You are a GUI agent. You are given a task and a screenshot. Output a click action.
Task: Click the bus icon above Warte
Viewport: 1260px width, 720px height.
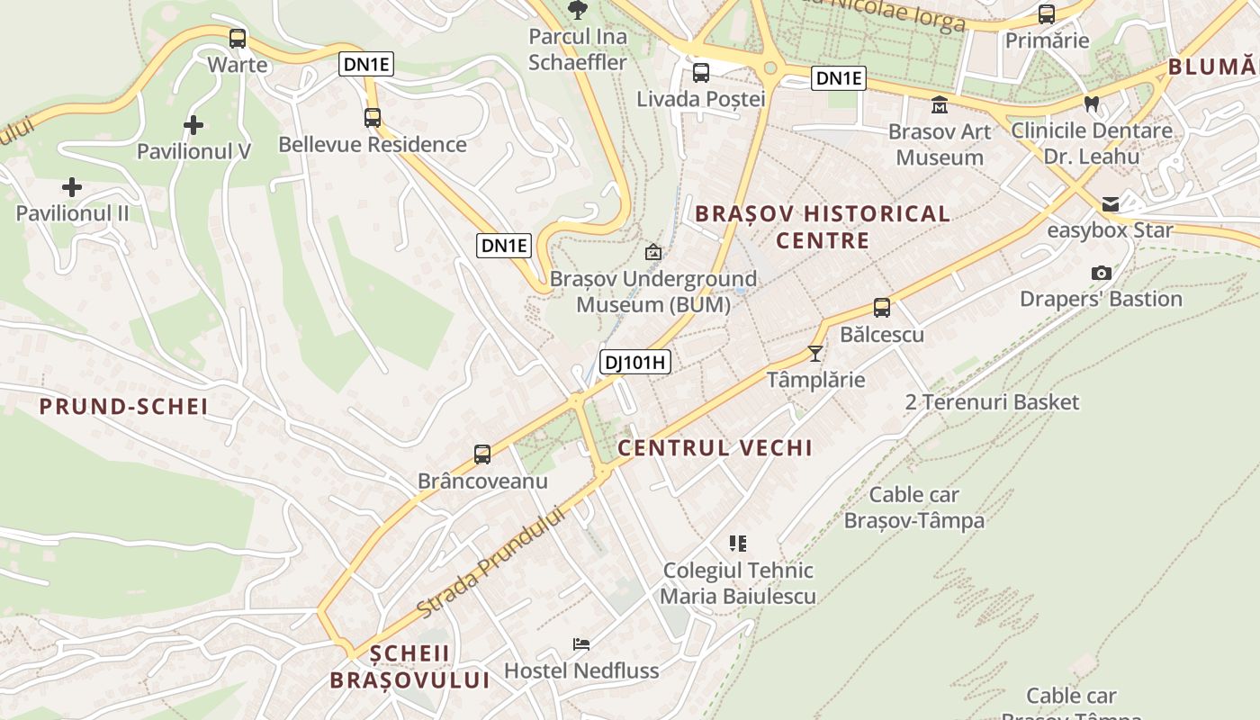click(x=238, y=39)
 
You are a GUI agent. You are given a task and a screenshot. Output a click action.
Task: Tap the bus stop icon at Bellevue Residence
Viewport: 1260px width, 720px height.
click(x=372, y=117)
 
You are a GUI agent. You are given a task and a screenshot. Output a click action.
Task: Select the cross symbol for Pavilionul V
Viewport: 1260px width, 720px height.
click(x=193, y=125)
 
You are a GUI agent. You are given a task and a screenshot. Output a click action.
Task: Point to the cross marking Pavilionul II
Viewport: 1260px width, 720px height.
click(x=72, y=187)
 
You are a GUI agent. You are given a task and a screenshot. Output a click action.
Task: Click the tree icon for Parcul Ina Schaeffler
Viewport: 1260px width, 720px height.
click(x=577, y=10)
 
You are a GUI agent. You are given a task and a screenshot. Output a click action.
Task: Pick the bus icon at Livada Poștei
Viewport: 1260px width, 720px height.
click(x=700, y=73)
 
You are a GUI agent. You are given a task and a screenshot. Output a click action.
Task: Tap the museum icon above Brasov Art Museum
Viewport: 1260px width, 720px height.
click(x=940, y=105)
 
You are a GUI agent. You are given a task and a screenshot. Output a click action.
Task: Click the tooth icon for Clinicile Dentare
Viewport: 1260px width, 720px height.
click(x=1092, y=103)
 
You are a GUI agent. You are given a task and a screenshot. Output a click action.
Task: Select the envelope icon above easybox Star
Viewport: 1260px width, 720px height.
click(x=1110, y=203)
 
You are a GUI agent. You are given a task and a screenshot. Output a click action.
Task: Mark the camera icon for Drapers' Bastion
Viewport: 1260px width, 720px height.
click(x=1101, y=273)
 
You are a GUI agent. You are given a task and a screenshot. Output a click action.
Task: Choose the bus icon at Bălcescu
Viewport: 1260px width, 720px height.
click(x=881, y=308)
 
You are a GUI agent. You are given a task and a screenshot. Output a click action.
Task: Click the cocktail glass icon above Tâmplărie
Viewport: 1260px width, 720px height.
click(x=815, y=353)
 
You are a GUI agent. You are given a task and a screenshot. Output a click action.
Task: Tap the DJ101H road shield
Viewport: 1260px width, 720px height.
click(x=635, y=363)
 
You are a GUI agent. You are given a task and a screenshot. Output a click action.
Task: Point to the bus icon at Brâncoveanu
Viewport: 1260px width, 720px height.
click(x=482, y=454)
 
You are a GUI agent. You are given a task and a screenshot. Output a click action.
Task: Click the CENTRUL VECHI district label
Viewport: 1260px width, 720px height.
click(x=715, y=447)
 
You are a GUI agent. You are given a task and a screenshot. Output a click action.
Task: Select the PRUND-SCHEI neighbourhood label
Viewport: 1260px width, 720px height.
click(x=123, y=407)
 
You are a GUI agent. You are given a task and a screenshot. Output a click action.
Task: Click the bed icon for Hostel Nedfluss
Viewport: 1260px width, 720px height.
click(x=581, y=644)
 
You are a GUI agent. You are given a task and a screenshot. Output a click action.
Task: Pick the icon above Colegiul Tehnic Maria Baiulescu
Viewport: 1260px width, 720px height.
click(x=738, y=543)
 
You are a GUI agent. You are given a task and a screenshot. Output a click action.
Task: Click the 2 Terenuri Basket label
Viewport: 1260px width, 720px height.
click(x=991, y=401)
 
